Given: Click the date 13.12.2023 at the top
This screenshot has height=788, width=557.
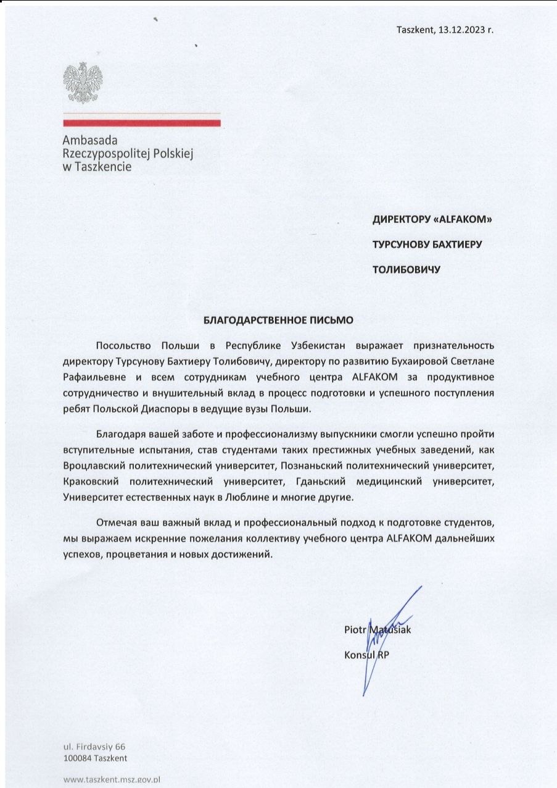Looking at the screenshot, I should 462,29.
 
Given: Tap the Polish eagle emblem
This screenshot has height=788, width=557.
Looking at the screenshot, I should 82,83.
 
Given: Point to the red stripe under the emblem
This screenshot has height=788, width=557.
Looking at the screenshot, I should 141,124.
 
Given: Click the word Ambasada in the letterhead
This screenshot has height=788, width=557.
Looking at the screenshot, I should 90,141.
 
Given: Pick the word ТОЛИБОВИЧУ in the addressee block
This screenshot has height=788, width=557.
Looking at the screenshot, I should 405,269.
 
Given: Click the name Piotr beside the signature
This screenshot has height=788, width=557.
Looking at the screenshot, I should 355,630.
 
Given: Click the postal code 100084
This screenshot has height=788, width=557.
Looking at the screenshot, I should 78,758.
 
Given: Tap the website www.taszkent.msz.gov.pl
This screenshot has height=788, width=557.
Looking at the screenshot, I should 112,780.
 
